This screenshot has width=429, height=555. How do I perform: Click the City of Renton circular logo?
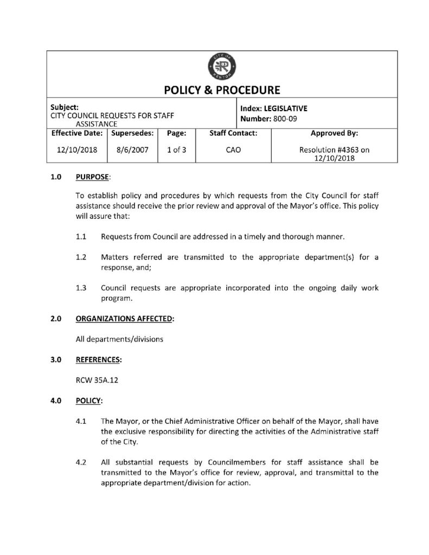[x=221, y=68]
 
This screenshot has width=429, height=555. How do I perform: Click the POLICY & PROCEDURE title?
[x=221, y=90]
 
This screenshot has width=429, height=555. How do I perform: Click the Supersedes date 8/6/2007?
[x=132, y=150]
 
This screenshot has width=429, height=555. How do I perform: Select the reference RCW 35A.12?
[x=97, y=380]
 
